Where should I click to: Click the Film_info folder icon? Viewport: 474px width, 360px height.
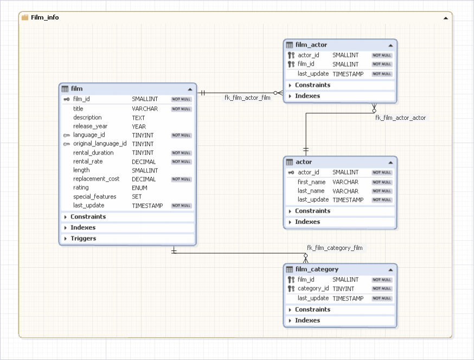(25, 17)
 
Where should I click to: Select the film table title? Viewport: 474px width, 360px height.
(76, 88)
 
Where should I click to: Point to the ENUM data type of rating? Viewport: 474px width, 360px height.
(139, 188)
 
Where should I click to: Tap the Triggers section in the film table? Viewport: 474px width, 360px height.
(83, 239)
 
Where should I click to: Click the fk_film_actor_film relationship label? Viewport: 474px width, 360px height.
(247, 98)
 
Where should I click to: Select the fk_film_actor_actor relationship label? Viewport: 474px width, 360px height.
(400, 118)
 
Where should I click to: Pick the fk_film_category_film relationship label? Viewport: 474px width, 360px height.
(335, 248)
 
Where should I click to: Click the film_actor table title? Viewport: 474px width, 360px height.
(311, 45)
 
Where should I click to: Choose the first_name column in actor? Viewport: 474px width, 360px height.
(311, 182)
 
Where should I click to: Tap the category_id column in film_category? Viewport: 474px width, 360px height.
(313, 289)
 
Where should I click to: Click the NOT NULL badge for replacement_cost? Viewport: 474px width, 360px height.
(181, 179)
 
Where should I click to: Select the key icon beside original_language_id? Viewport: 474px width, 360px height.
(66, 144)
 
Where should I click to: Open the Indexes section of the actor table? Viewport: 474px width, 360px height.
(307, 222)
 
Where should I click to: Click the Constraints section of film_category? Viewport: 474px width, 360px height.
(312, 310)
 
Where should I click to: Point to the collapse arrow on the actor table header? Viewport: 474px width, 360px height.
(390, 162)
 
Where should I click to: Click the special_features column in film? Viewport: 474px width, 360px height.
(94, 197)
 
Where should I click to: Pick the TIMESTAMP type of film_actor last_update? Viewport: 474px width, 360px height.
(348, 74)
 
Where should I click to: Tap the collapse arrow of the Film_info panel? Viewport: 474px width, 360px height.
(446, 18)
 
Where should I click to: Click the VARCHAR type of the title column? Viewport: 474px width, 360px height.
(145, 109)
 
